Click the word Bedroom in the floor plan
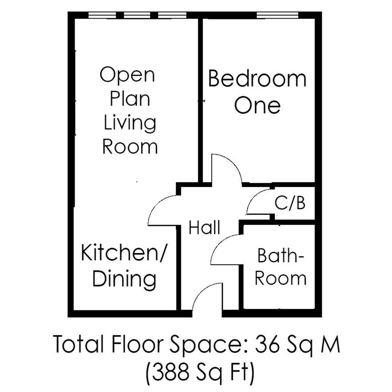(257, 78)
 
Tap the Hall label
(205, 227)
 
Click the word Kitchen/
(123, 253)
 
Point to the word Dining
(124, 279)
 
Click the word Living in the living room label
(130, 123)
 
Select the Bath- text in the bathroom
(280, 256)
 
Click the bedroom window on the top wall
(278, 15)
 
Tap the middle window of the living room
(137, 15)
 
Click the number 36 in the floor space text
(267, 344)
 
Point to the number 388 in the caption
(170, 371)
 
